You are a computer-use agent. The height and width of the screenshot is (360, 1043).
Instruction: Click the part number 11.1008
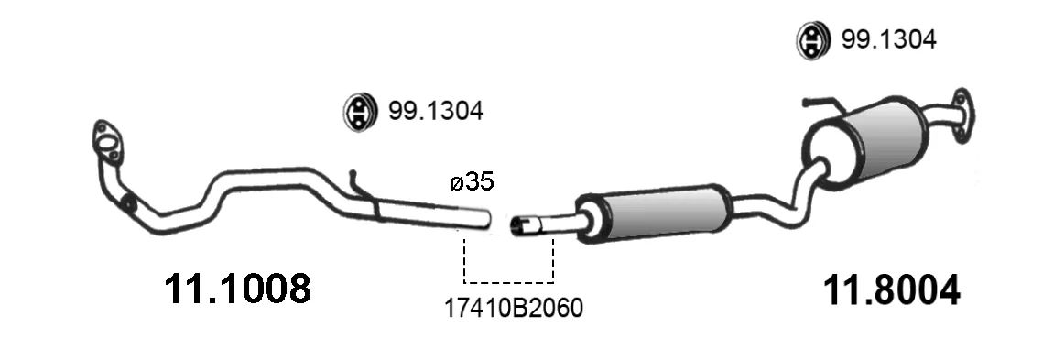point(237,289)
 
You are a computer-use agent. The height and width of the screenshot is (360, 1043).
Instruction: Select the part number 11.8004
point(891,290)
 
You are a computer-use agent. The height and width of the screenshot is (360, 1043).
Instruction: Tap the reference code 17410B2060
point(514,308)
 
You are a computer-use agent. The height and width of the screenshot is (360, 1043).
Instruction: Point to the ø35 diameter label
point(473,181)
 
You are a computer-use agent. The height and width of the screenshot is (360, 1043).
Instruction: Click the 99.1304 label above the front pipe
point(436,111)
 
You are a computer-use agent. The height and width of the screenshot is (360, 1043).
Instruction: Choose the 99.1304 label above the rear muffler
point(888,40)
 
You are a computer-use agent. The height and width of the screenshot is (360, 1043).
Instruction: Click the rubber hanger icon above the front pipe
point(359,113)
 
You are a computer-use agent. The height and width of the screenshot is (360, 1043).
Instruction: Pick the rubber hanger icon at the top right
point(812,40)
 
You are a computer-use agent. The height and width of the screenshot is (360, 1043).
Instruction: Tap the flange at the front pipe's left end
point(106,141)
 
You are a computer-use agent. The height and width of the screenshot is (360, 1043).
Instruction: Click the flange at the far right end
point(962,115)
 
